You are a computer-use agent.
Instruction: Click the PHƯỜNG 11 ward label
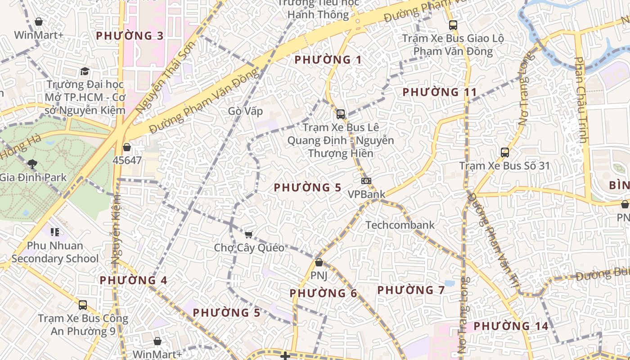439,92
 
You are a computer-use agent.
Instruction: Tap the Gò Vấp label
245,111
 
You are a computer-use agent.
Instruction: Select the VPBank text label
367,194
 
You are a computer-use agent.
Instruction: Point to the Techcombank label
400,225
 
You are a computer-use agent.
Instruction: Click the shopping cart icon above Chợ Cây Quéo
249,234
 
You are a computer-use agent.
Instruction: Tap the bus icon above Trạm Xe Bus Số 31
505,153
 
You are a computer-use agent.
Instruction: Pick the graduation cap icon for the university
85,72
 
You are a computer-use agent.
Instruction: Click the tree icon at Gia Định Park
32,164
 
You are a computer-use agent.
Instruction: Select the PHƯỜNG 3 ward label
130,36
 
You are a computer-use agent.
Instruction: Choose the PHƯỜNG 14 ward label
511,326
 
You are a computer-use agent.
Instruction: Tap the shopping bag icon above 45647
127,147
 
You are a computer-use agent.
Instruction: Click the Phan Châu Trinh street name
581,100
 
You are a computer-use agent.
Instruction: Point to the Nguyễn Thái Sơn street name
166,77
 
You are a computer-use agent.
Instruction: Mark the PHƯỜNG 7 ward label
411,290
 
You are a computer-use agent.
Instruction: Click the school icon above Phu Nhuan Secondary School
55,232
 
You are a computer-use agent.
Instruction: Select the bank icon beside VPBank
366,181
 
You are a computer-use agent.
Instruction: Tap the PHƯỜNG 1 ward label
328,59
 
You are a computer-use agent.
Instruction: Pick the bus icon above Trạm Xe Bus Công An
83,305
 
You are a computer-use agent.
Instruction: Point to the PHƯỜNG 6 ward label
323,293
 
